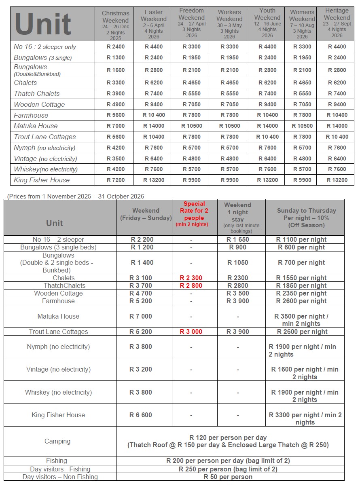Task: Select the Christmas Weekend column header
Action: (x=116, y=23)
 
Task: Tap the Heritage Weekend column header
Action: (x=337, y=23)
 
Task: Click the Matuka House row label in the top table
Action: (x=36, y=126)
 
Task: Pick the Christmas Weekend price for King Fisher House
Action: (x=116, y=180)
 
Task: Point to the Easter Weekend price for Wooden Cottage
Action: (x=154, y=104)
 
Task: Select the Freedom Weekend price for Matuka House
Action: (x=191, y=126)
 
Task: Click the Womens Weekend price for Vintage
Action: (x=302, y=158)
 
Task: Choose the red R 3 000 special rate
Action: (x=191, y=332)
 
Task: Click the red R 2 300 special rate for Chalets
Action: (x=191, y=278)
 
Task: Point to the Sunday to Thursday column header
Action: (x=306, y=218)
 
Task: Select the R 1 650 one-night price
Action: (x=237, y=239)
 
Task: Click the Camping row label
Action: (x=57, y=441)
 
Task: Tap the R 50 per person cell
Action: (x=228, y=477)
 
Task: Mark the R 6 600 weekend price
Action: (x=141, y=415)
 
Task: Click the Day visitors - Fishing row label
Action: (x=60, y=469)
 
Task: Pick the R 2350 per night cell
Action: (x=301, y=293)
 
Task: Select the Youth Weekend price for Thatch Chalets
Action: (x=267, y=93)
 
